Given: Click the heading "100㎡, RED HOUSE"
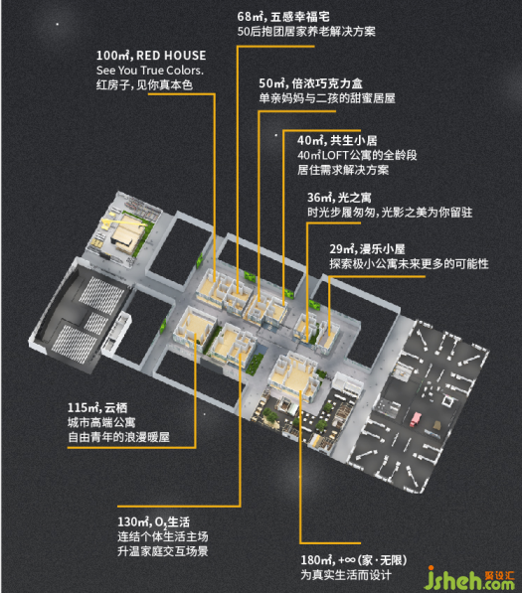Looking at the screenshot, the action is (151, 56).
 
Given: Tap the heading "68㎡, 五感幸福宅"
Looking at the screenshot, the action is (283, 17).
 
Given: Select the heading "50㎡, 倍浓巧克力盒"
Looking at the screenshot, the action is (310, 83).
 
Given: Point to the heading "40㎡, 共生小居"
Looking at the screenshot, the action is (337, 141).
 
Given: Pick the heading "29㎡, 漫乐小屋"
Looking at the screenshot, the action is (367, 249).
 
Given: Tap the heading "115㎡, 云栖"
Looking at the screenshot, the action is (97, 407).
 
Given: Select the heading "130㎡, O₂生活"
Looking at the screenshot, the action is (153, 522).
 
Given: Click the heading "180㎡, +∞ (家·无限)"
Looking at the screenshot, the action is (354, 560).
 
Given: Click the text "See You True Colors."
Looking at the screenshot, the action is (150, 71).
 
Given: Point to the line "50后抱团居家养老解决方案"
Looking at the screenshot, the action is (306, 32).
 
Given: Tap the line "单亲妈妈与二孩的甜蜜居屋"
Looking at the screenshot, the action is (327, 98).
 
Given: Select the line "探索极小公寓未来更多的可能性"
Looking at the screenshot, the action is (409, 264).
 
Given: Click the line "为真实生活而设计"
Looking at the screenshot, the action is (346, 575).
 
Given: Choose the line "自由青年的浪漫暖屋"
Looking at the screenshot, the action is (118, 438).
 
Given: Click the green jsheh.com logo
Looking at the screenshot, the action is (468, 579).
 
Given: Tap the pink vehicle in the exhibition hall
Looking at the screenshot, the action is (416, 419).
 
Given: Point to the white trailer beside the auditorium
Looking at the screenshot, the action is (116, 334).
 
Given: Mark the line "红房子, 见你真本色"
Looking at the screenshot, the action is (144, 85).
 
